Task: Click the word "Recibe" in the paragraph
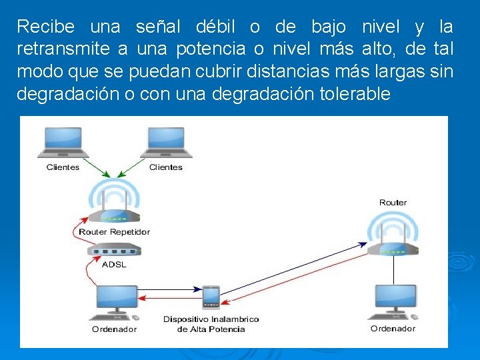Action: (43, 27)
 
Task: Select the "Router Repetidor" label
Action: (114, 232)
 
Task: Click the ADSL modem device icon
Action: (114, 251)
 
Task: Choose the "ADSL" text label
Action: (114, 264)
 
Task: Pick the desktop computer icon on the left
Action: (117, 303)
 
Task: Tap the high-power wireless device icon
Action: (211, 297)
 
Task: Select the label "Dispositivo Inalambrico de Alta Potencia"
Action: (211, 324)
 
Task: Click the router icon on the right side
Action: (393, 237)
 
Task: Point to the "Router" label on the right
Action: (393, 203)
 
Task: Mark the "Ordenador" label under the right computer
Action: (393, 329)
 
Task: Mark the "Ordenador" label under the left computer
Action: (114, 329)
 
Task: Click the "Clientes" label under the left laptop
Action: (63, 167)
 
